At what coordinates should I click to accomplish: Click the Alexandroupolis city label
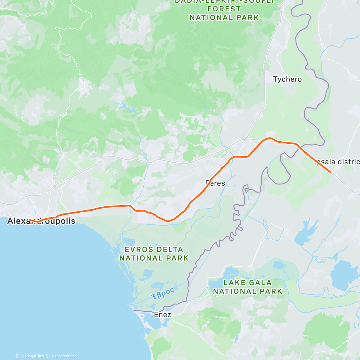click(x=41, y=221)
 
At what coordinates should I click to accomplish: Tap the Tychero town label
click(x=287, y=79)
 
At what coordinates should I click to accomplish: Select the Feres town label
click(x=215, y=183)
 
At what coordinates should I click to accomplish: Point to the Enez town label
click(x=162, y=315)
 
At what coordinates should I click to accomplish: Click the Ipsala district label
click(x=337, y=162)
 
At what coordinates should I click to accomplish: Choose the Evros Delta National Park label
click(x=154, y=254)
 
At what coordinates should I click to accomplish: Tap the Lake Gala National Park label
click(x=247, y=287)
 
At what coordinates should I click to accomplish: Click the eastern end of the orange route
click(x=330, y=172)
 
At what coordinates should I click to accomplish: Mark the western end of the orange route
click(x=29, y=220)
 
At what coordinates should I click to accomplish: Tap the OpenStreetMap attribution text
click(x=63, y=356)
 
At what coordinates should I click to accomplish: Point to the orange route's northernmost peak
click(x=270, y=138)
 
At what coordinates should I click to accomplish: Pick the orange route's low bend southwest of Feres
click(x=168, y=221)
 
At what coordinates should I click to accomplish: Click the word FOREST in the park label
click(x=224, y=9)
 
